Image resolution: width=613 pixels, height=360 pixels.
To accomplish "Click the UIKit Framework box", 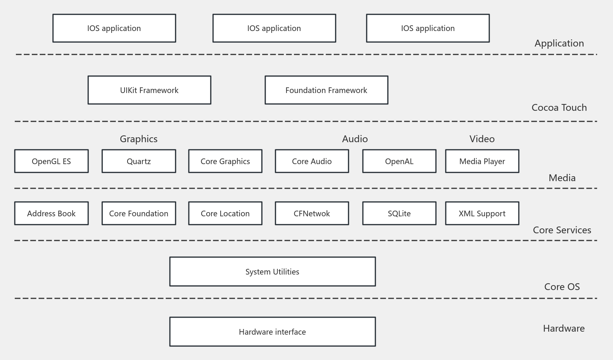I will tap(149, 90).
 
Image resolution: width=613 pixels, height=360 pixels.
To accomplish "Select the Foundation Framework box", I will tap(326, 90).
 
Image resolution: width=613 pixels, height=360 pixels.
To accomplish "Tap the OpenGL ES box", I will tap(51, 161).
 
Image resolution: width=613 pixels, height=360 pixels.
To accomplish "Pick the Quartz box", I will tap(138, 161).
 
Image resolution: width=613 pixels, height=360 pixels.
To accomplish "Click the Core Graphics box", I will tap(225, 161).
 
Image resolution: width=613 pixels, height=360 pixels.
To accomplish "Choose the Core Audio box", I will tap(312, 161).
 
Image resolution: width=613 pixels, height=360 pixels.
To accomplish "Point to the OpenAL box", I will tap(399, 161).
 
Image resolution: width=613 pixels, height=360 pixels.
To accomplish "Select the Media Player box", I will tap(482, 161).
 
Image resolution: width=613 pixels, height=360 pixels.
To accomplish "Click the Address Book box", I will tap(51, 213).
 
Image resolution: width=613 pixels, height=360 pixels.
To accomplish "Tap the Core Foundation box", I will tap(138, 213).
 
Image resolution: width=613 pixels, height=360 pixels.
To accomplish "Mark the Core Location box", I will tap(225, 213).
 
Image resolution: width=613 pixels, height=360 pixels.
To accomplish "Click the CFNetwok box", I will tap(312, 213).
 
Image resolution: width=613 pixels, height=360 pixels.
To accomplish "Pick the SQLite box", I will tap(399, 213).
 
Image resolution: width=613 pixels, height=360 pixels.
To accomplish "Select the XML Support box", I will tap(482, 213).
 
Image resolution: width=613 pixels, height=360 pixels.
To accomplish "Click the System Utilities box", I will tap(272, 272).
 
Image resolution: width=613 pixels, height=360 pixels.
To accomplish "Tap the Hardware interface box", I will tap(272, 332).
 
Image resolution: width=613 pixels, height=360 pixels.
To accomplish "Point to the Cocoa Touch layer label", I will tap(559, 108).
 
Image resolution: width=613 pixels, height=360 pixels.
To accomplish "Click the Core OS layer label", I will tap(562, 287).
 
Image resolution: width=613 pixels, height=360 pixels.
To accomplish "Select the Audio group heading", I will tap(355, 139).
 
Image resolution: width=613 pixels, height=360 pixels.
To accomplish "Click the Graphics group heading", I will tap(138, 139).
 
